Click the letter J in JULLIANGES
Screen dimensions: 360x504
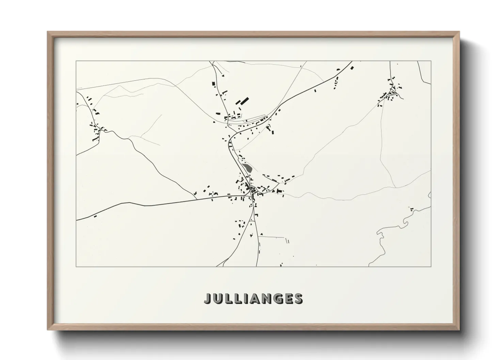coord(208,299)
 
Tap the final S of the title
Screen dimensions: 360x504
coord(298,299)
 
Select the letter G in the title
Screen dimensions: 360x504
coord(276,299)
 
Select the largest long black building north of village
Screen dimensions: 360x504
coord(245,101)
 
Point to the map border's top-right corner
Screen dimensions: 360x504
coord(431,61)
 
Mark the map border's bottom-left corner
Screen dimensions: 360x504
coord(76,266)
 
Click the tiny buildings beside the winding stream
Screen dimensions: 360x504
coord(412,209)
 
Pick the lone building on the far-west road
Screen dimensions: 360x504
coord(95,215)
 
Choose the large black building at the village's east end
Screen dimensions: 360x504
coord(280,191)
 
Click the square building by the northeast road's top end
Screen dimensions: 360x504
coord(352,68)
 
